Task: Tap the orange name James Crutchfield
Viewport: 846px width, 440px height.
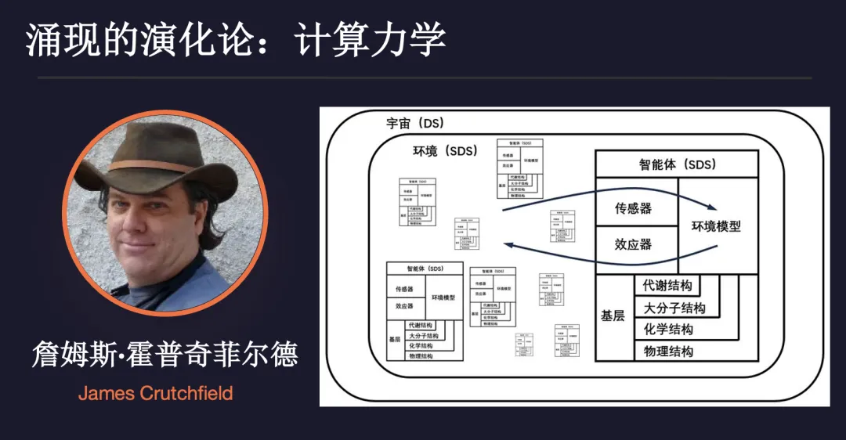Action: (155, 392)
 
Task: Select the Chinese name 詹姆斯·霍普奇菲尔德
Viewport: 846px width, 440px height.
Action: (164, 355)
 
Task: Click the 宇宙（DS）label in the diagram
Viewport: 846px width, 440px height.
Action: (415, 124)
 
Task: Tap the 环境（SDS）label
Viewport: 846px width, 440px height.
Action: (444, 151)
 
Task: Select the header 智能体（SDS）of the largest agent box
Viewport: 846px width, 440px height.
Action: (677, 164)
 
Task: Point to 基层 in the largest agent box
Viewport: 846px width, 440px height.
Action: (613, 316)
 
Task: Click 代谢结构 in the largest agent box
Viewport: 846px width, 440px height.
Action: (668, 286)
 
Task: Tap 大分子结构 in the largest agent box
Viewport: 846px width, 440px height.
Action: (674, 308)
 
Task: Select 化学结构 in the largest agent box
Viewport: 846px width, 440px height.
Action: (668, 329)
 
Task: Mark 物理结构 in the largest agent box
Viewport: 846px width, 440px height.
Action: (668, 350)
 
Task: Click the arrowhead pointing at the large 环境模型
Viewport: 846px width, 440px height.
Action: (711, 208)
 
